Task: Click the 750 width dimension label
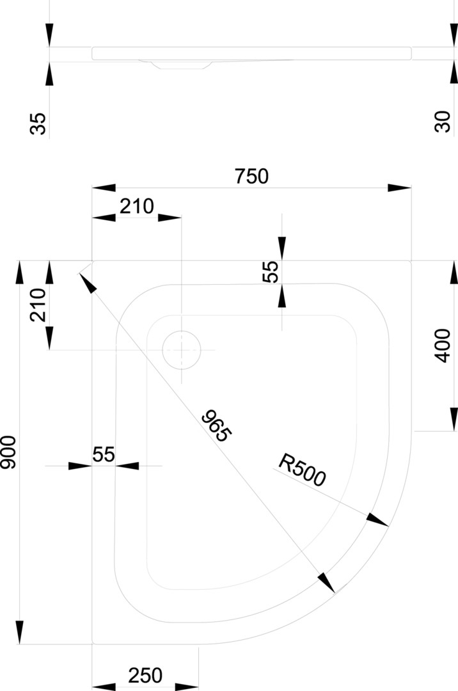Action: tap(251, 177)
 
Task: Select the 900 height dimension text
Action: tap(8, 452)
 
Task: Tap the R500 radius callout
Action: tap(302, 470)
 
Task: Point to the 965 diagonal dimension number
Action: tap(216, 425)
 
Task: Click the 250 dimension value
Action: tap(145, 676)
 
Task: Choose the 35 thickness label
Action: tap(38, 123)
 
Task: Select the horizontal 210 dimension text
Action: tap(137, 206)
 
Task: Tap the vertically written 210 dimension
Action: tap(38, 305)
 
